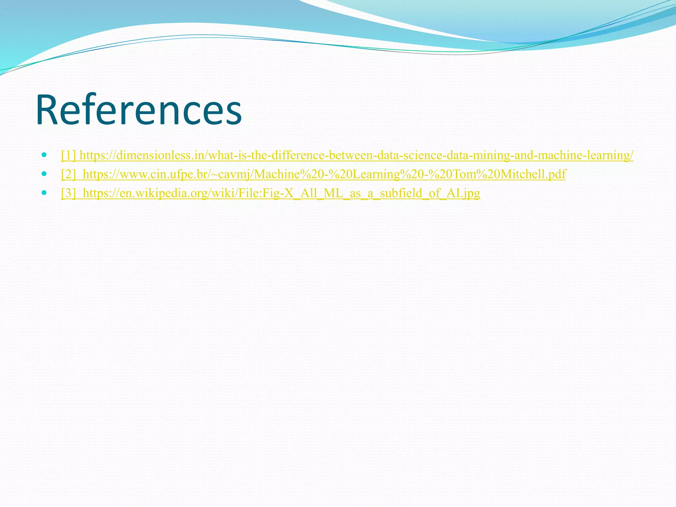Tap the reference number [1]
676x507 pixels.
[x=68, y=155]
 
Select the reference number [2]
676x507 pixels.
[x=68, y=174]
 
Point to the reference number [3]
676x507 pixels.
[x=68, y=193]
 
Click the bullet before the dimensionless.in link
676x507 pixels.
[x=44, y=154]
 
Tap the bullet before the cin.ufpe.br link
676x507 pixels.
[x=44, y=173]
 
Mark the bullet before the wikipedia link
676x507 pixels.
[x=44, y=192]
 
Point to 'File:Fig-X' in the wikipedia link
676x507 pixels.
[x=264, y=193]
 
